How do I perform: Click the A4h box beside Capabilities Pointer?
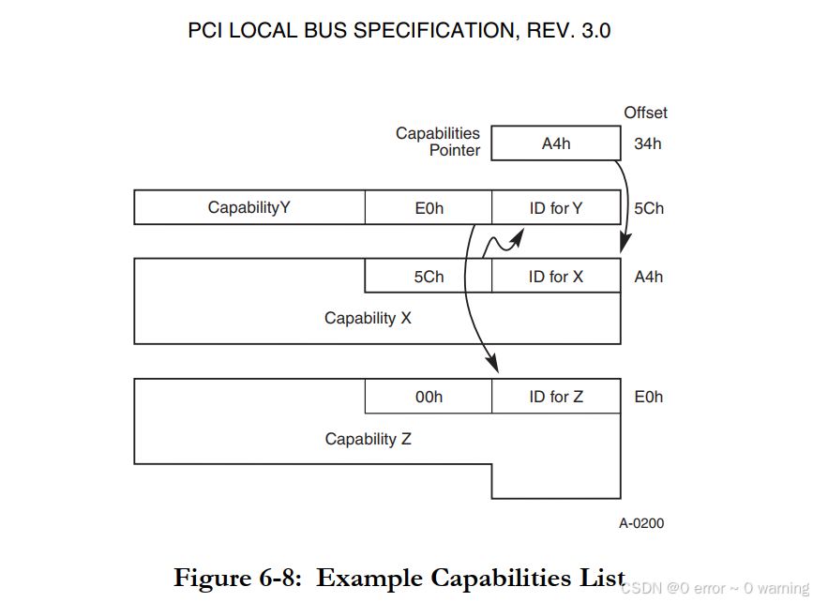click(x=556, y=143)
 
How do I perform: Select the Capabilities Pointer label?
click(x=438, y=142)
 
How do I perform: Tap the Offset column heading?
click(x=645, y=113)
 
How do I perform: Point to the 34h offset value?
click(x=647, y=143)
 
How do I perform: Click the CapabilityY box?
click(x=248, y=207)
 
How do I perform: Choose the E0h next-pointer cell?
click(x=429, y=208)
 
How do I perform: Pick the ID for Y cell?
click(x=556, y=208)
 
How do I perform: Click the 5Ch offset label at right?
click(x=648, y=208)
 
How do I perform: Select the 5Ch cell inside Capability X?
click(x=429, y=277)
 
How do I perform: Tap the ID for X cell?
click(x=556, y=277)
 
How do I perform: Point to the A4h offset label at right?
click(x=648, y=277)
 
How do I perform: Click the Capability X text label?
click(x=368, y=318)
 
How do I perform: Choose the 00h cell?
click(x=429, y=397)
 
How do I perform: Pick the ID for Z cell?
click(x=556, y=397)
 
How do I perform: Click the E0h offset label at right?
click(x=648, y=397)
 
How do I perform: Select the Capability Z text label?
click(x=368, y=439)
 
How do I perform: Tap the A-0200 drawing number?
click(x=640, y=523)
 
